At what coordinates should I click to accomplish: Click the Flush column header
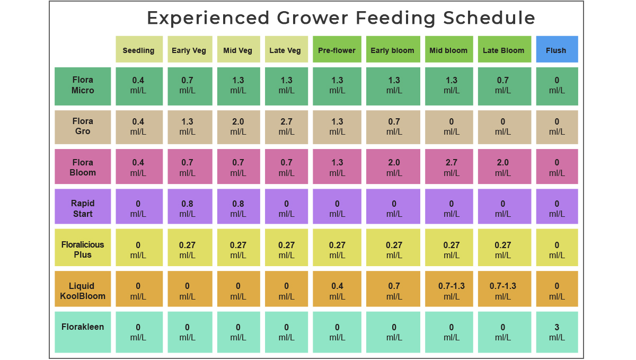point(556,50)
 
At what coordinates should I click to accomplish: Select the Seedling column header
point(139,50)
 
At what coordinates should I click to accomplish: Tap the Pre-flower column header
point(337,50)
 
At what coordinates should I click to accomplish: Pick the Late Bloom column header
point(503,50)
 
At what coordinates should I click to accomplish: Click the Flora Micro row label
point(83,86)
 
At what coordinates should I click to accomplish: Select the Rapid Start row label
point(83,209)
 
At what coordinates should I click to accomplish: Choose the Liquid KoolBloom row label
point(83,291)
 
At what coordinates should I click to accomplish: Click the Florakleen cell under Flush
point(556,332)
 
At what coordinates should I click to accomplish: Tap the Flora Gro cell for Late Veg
point(286,127)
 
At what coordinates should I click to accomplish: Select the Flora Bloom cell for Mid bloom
point(451,168)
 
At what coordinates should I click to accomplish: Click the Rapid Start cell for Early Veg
point(188,209)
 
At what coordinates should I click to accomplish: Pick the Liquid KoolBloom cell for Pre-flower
point(337,291)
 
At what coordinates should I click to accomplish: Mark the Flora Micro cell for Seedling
point(139,86)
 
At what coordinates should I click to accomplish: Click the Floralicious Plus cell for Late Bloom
point(503,250)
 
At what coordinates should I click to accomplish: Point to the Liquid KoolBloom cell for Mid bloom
point(451,291)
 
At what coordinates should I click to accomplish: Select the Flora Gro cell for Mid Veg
point(238,127)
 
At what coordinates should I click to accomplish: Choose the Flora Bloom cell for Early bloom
point(394,168)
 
